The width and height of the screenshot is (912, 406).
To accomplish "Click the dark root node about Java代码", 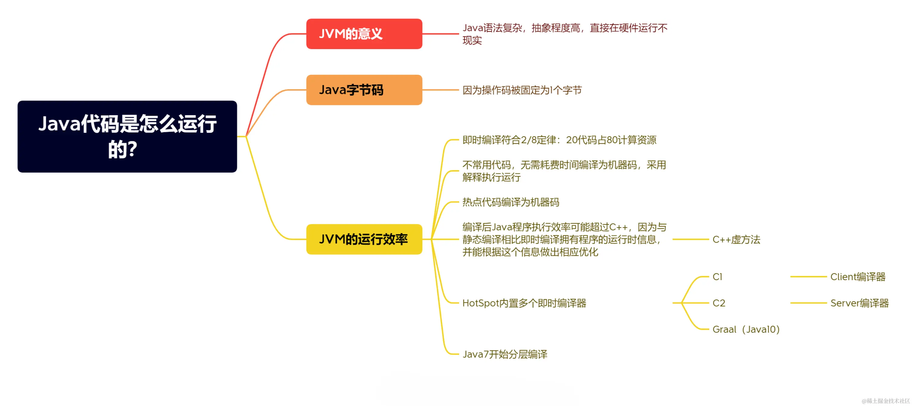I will click(x=127, y=136).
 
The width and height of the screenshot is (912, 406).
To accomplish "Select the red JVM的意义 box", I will click(x=364, y=34).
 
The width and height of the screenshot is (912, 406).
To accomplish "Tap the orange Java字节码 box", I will click(x=364, y=90).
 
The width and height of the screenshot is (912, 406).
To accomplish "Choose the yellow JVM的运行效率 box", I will click(x=364, y=239).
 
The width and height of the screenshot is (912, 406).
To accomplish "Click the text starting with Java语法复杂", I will click(x=565, y=34).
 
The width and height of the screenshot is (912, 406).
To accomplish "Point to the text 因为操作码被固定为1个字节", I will click(x=522, y=90).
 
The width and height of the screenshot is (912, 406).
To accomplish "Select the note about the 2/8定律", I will click(x=559, y=140).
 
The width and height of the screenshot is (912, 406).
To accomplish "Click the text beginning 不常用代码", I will click(x=564, y=171).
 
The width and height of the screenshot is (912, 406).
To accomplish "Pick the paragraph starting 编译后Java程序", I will click(x=564, y=239).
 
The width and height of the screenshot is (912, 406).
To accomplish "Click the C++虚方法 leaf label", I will click(x=736, y=240).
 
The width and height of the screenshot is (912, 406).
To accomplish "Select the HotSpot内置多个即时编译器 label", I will click(x=524, y=303).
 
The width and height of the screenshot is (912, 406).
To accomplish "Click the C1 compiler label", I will click(x=717, y=276).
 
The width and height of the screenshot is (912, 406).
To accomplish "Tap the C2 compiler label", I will click(x=719, y=303).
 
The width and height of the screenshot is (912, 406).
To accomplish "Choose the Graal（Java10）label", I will click(x=746, y=329).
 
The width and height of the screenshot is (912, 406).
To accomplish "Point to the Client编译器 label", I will click(x=858, y=276).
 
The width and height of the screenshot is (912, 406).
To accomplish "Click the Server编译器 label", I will click(x=859, y=303).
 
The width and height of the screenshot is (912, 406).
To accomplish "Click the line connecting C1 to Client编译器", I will click(x=808, y=276).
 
